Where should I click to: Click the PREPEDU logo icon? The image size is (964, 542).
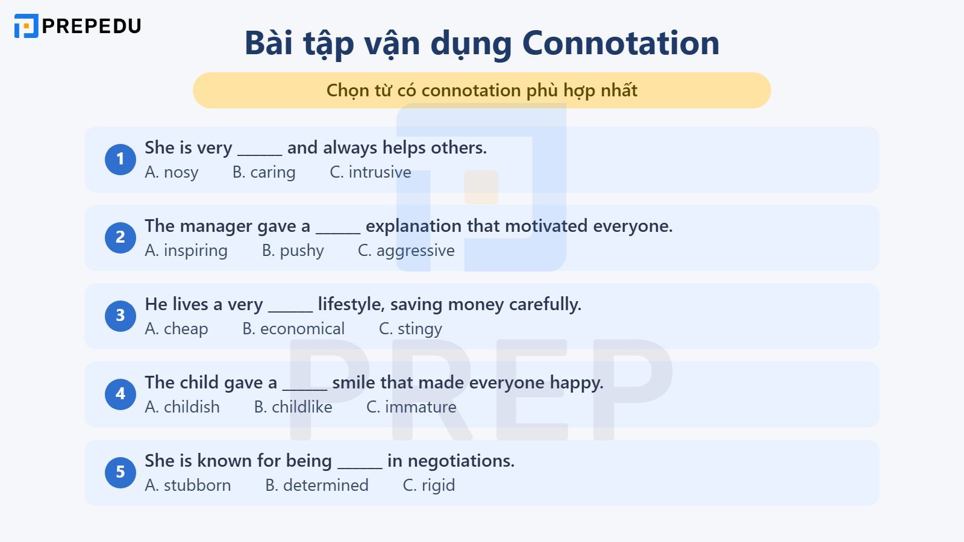pos(26,26)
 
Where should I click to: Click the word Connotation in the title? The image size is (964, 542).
pos(621,43)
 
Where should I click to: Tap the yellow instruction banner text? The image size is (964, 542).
pos(481,90)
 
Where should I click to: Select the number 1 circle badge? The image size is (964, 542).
pos(120,159)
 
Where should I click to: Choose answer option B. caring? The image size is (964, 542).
pos(264,172)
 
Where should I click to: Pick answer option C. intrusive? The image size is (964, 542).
pos(370,172)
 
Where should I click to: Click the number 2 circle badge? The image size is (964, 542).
pos(120,237)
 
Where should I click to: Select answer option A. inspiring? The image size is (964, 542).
pos(186,251)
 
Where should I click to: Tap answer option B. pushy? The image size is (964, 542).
pos(293,251)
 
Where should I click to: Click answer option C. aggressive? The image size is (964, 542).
pos(406,251)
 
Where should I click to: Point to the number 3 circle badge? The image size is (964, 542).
pos(120,316)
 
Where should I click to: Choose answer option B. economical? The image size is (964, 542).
pos(293,329)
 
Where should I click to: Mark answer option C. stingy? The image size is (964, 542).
pos(410,329)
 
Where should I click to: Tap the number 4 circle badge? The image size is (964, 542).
pos(120,394)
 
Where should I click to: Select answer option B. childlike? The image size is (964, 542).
pos(293,407)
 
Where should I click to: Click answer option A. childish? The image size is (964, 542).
pos(182,407)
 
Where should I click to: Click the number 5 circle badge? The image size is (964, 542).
pos(120,472)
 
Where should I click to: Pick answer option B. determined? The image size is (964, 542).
pos(317,485)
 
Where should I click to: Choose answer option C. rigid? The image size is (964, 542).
pos(428,485)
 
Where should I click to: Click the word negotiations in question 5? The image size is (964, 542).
pos(461,461)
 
